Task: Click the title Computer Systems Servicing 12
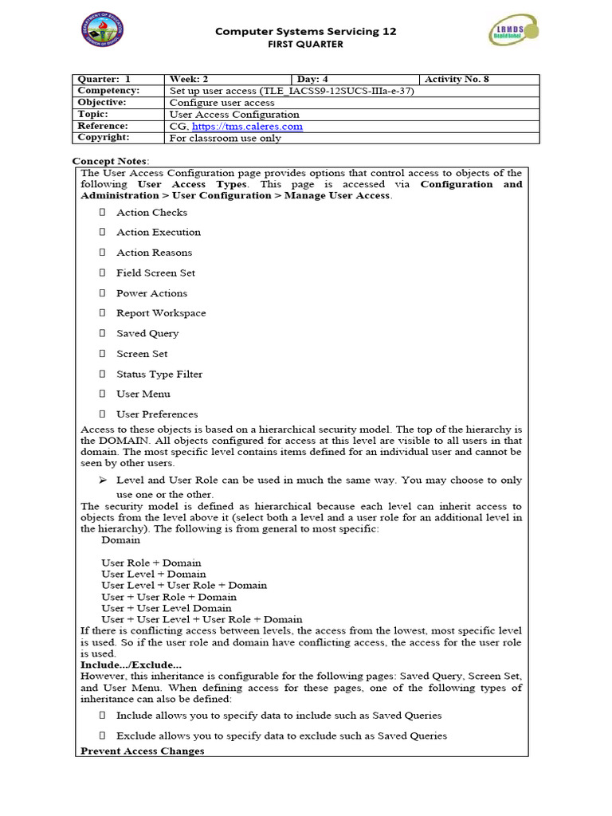[x=306, y=31]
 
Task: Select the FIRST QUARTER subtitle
[x=305, y=45]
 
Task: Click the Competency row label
[x=108, y=91]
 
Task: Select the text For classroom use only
[x=226, y=138]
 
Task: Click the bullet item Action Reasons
[x=154, y=253]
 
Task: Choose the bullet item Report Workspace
[x=161, y=313]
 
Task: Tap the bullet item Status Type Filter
[x=159, y=374]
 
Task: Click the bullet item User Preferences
[x=157, y=414]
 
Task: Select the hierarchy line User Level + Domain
[x=153, y=574]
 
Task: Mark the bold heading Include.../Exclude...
[x=131, y=665]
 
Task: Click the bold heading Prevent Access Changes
[x=143, y=751]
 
